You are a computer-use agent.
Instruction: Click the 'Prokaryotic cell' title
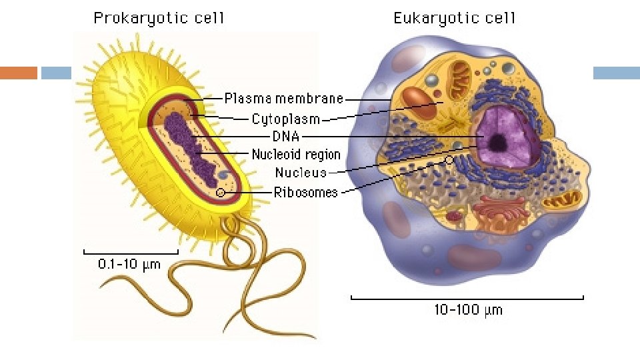click(159, 18)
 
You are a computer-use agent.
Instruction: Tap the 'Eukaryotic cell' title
click(455, 18)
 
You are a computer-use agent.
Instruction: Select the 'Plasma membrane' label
click(284, 99)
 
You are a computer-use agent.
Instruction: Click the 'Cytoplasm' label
click(285, 120)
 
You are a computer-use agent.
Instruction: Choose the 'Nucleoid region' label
click(296, 155)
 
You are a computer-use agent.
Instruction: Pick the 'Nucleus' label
click(301, 173)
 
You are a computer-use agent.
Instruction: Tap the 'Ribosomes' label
click(306, 193)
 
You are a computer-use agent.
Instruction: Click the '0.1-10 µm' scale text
click(129, 265)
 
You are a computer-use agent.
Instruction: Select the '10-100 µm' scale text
click(468, 309)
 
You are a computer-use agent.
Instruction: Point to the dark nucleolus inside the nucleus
click(497, 142)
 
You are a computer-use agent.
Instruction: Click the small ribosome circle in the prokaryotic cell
click(221, 193)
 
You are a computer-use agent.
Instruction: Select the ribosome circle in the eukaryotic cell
click(450, 160)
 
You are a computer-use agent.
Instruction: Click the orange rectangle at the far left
click(18, 73)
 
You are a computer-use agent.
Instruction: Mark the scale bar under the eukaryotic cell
click(467, 297)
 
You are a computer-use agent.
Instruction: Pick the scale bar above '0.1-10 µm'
click(131, 253)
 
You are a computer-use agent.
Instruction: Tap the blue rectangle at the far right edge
click(616, 73)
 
